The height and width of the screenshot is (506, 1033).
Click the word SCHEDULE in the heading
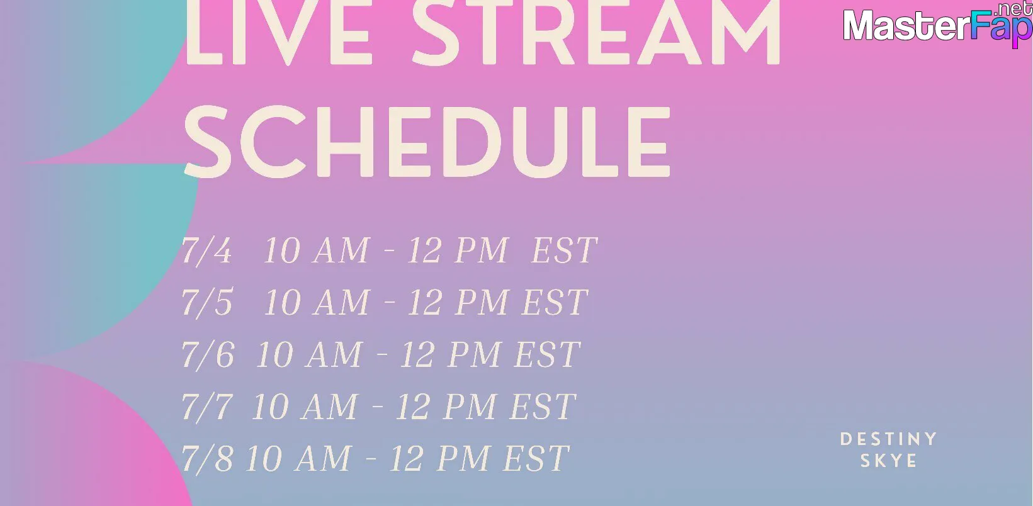click(x=427, y=142)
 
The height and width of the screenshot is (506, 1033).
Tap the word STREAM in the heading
click(x=596, y=32)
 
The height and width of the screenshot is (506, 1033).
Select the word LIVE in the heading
click(x=278, y=32)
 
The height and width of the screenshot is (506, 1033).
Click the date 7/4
click(x=207, y=250)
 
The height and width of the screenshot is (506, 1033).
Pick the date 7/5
click(x=207, y=303)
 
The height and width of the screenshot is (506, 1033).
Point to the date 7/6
click(x=208, y=355)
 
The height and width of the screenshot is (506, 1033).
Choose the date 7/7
click(x=207, y=407)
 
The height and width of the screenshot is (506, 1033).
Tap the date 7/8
click(x=207, y=459)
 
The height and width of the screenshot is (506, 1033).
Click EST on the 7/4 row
click(x=565, y=250)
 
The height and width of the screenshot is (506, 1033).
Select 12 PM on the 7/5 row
click(x=458, y=303)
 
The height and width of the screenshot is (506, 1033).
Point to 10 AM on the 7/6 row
click(x=310, y=354)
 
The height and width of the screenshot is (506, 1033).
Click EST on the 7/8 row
click(x=536, y=458)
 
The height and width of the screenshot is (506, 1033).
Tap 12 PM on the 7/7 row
click(x=446, y=407)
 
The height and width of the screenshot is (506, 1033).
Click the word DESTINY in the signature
click(x=888, y=439)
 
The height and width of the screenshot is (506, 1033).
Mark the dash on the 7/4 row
click(x=389, y=250)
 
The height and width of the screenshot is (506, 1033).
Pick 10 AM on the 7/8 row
click(x=299, y=459)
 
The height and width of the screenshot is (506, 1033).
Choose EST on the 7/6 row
click(x=548, y=354)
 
